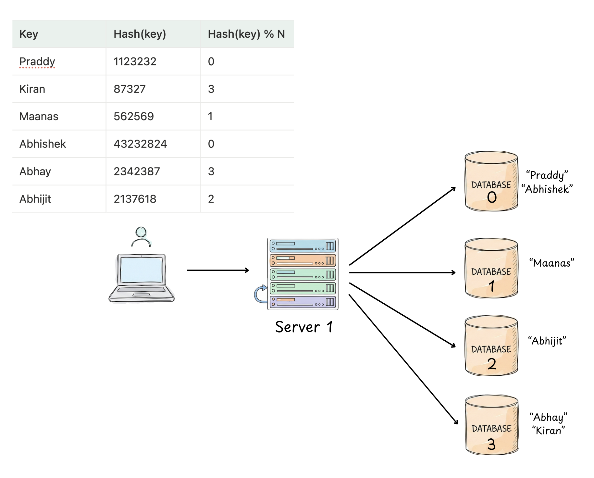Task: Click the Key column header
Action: tap(29, 34)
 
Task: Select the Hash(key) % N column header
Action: tap(246, 34)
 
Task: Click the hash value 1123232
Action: tap(135, 62)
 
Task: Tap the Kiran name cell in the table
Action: tap(32, 89)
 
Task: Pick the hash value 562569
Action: tap(133, 117)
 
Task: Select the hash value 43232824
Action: tap(140, 144)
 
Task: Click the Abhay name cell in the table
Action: tap(35, 171)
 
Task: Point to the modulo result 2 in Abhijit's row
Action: tap(211, 199)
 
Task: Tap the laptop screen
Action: tap(141, 270)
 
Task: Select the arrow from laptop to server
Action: tap(217, 270)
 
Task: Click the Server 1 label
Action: tap(304, 327)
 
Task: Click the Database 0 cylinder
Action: tap(491, 182)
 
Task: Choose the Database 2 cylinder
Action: tap(491, 346)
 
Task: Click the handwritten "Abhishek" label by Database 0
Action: tap(547, 189)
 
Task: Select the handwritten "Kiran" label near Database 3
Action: tap(548, 431)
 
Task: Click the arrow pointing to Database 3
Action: tap(402, 359)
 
